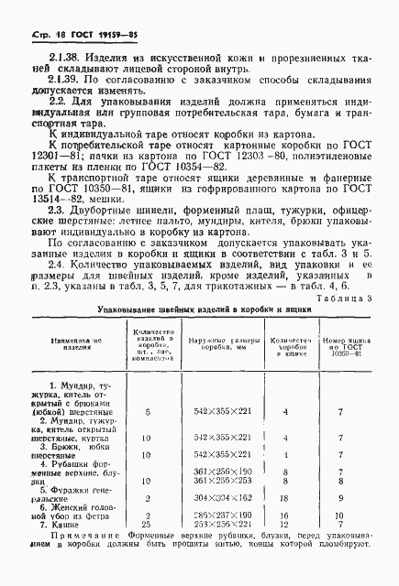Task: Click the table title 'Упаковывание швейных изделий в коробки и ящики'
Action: pyautogui.click(x=196, y=310)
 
